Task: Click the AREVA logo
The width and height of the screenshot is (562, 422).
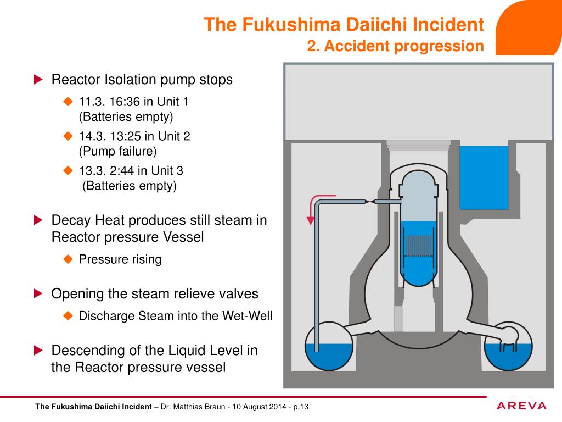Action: click(522, 406)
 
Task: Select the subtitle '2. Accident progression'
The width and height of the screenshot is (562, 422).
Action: click(395, 46)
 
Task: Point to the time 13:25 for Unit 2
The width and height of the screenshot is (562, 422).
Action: click(125, 136)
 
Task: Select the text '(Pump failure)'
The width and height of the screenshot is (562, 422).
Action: click(117, 150)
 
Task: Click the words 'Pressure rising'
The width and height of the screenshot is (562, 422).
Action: click(120, 259)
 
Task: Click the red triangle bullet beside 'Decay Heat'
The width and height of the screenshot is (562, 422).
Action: click(38, 220)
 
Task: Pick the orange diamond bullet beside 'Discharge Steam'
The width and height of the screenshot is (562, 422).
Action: click(68, 315)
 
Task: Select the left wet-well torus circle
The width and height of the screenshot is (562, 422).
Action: click(329, 347)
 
